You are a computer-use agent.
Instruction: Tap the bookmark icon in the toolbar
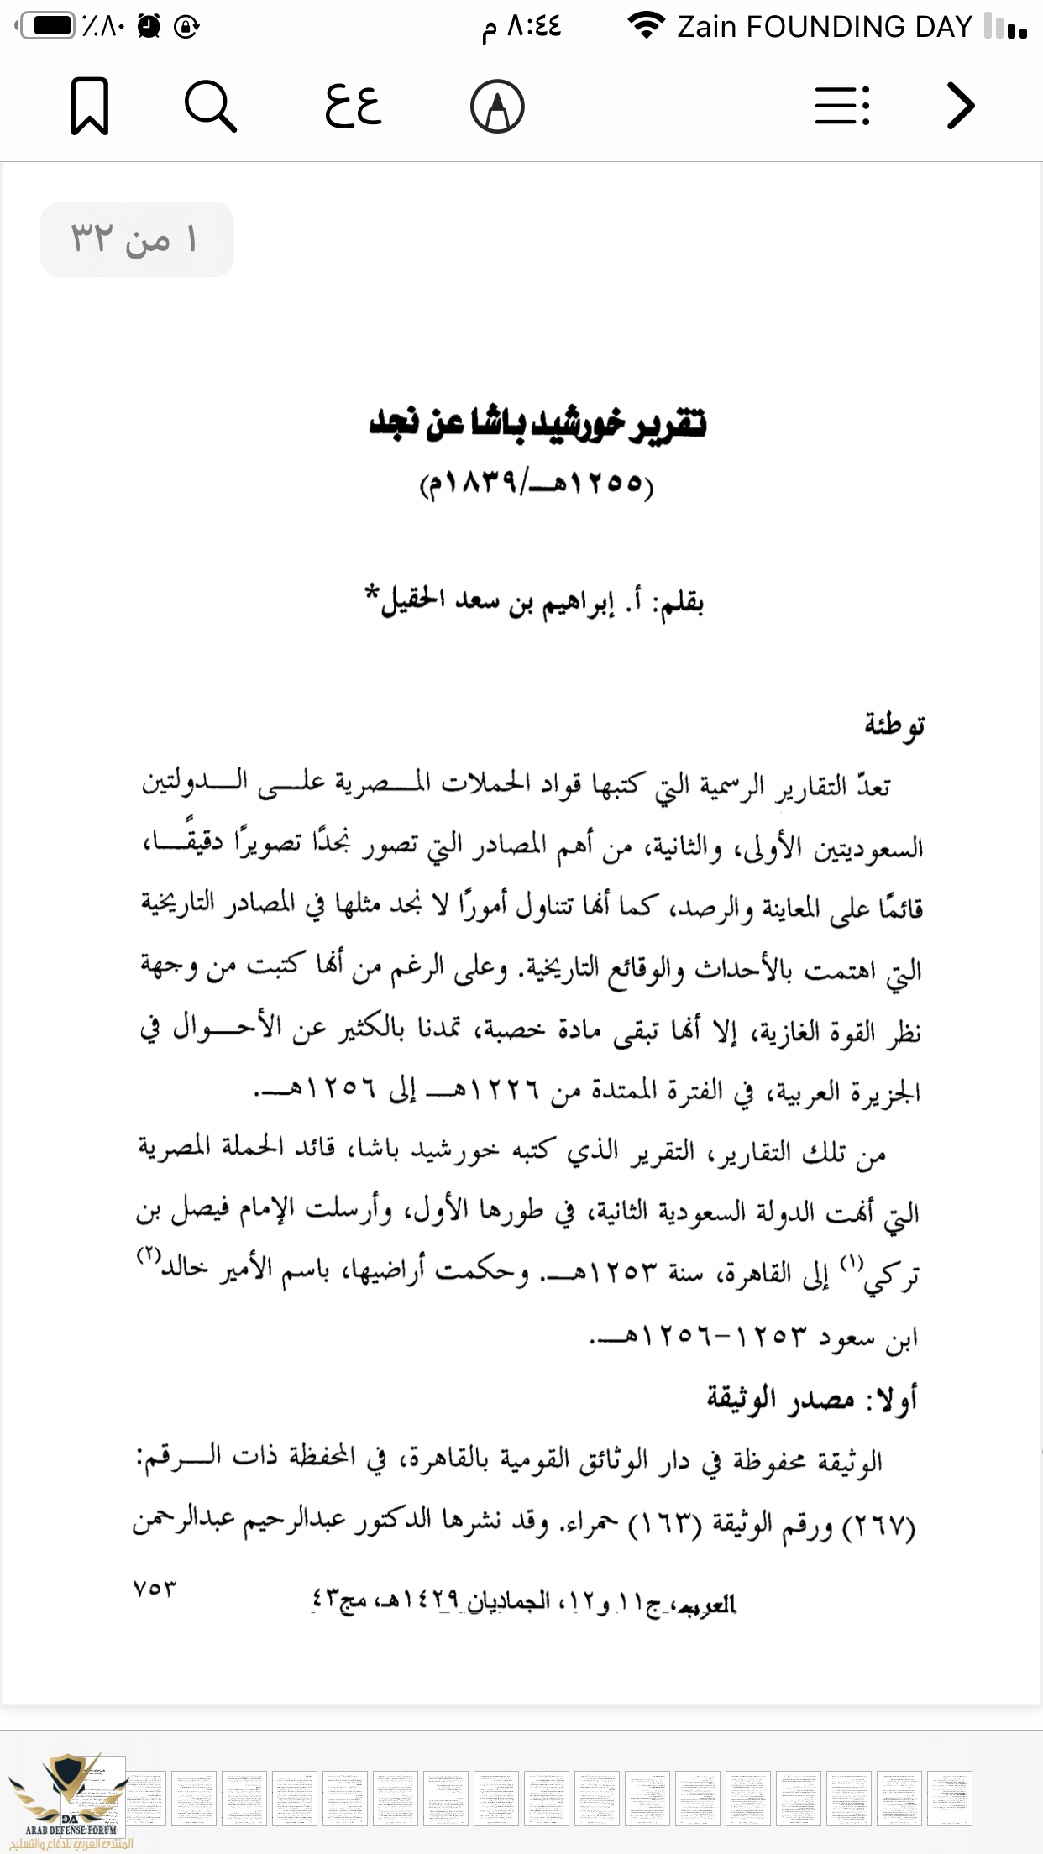pos(90,106)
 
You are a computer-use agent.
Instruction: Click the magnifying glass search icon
pos(210,106)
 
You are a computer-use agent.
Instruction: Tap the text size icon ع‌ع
pos(354,106)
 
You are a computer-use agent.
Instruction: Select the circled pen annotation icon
pos(497,107)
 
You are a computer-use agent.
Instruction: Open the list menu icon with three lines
pos(842,106)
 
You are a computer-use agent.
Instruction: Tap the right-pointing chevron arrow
pos(960,106)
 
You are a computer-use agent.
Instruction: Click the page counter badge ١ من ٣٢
pos(136,239)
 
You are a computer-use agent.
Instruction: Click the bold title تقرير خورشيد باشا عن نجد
pos(537,422)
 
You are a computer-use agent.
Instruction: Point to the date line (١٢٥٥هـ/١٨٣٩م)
pos(537,484)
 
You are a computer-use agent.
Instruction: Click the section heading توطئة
pos(894,724)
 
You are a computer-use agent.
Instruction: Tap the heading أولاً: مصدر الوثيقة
pos(811,1398)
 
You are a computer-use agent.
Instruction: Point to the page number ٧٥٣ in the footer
pos(155,1588)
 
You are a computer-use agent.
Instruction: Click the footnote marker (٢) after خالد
pos(149,1254)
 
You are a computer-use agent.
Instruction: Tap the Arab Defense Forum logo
pos(70,1801)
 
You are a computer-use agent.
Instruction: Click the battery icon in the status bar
pos(48,26)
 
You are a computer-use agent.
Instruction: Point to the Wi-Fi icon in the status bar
pos(646,26)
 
